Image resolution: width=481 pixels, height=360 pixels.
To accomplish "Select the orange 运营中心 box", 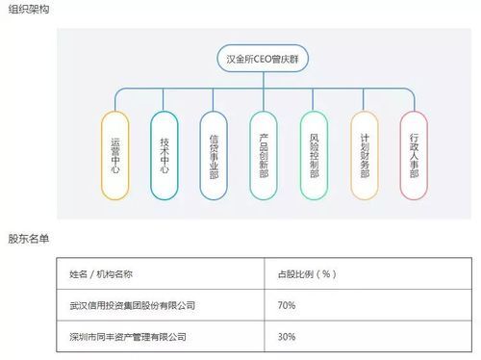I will point(114,156).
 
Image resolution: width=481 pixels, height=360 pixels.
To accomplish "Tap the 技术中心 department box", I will point(165,156).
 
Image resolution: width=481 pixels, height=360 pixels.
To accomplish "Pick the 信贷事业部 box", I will point(214,156).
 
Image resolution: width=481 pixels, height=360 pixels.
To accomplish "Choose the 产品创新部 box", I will point(264,156).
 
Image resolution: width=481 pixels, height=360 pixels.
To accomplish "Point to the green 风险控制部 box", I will point(314,156).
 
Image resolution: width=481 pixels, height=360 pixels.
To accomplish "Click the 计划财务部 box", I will point(365,156).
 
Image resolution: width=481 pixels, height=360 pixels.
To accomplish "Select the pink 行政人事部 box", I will point(415,156).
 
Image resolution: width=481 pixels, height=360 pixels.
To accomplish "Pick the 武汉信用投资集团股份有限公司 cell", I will point(126,305).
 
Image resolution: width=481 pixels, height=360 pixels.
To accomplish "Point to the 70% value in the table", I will point(286,305).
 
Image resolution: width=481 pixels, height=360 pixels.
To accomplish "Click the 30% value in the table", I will point(286,337).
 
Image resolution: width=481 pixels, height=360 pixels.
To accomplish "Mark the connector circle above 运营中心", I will point(114,108).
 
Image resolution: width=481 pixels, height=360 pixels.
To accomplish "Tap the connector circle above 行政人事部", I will point(415,108).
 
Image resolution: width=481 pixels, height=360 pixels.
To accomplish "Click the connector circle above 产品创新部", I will point(264,108).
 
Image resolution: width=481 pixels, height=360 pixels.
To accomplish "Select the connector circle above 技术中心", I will point(165,108).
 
